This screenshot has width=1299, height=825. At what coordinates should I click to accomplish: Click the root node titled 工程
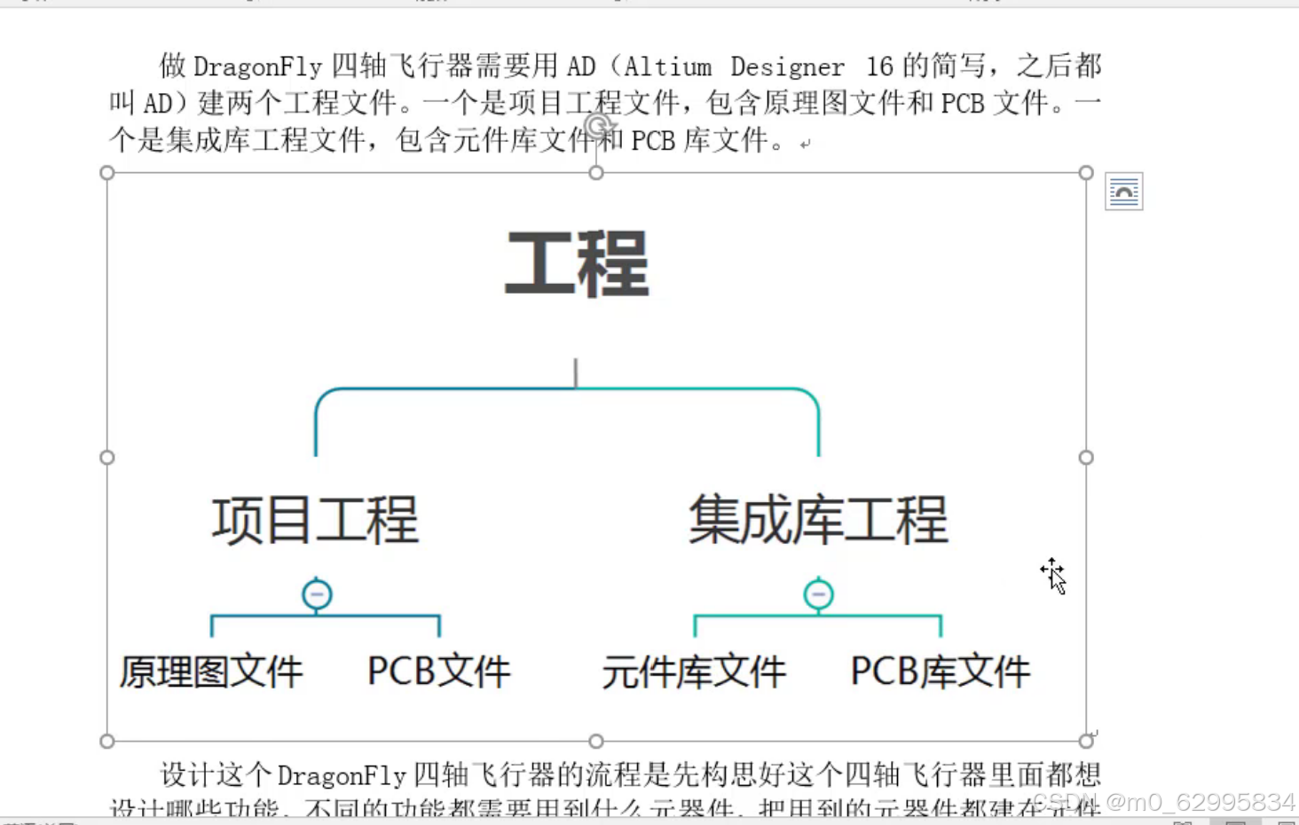point(577,263)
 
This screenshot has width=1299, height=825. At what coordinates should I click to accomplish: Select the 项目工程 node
point(315,520)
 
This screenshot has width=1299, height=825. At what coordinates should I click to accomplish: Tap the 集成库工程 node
point(818,520)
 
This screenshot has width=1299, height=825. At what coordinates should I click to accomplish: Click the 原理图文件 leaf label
point(211,672)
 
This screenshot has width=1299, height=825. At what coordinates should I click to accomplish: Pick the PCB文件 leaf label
point(438,672)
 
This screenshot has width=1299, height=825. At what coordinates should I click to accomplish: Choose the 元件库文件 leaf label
point(694,672)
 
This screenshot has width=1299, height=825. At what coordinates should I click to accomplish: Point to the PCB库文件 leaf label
point(941,672)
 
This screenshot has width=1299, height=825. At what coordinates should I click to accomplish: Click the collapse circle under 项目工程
point(317,594)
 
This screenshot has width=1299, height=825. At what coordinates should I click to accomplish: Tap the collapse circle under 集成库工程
point(818,594)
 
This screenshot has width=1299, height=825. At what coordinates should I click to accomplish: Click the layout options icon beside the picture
point(1123,192)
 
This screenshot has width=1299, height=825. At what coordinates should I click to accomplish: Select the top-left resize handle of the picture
point(107,173)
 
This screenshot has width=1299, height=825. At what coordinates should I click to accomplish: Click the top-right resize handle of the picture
point(1086,173)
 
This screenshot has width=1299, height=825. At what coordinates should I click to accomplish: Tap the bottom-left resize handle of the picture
point(107,741)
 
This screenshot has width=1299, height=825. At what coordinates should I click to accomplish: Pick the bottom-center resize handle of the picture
point(596,741)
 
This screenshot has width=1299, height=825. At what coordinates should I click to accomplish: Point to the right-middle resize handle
point(1086,458)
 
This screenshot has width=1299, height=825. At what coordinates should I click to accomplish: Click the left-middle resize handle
point(107,458)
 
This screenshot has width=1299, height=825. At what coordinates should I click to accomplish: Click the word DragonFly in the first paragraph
point(257,67)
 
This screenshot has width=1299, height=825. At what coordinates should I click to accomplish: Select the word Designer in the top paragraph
point(787,67)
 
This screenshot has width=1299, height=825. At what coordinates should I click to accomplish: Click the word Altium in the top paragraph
point(667,67)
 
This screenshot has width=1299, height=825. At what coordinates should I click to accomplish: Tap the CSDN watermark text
point(1163,803)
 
